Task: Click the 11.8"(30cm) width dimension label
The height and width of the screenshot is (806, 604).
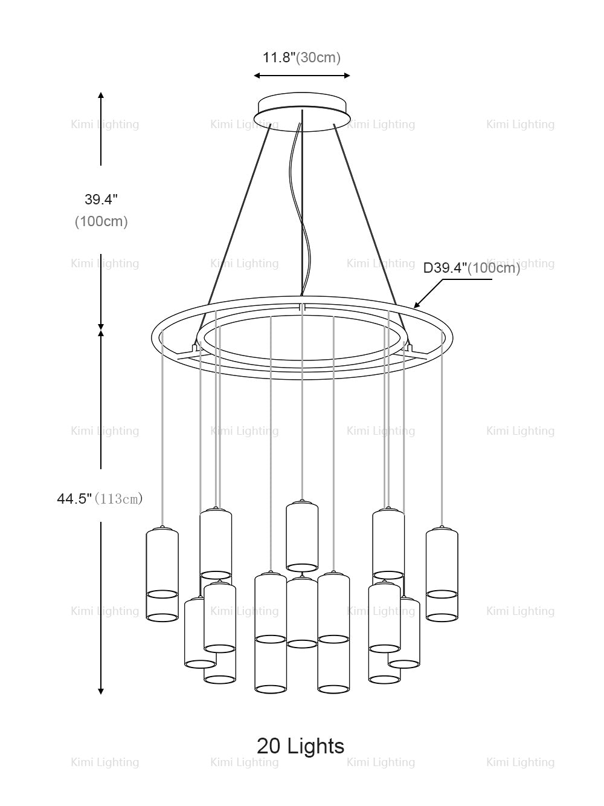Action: click(301, 57)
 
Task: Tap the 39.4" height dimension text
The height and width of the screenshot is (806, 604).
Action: click(101, 199)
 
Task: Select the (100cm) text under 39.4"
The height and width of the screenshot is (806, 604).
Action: click(101, 221)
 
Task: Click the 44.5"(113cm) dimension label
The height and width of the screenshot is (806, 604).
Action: click(100, 499)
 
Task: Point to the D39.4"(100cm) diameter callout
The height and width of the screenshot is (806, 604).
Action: click(471, 268)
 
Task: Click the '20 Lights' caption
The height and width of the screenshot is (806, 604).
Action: click(301, 746)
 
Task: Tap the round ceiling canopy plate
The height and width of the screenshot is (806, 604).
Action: click(302, 109)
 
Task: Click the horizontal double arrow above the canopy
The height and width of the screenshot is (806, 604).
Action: click(302, 76)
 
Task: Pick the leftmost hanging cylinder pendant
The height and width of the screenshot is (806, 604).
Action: click(162, 574)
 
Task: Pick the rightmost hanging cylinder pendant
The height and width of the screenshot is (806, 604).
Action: click(442, 574)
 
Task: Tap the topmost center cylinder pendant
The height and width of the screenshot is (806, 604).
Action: click(302, 535)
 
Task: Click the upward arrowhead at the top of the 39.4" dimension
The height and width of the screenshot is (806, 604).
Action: click(101, 95)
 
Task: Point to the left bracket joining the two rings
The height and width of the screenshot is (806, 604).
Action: click(195, 349)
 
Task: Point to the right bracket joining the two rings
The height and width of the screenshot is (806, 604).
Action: click(409, 349)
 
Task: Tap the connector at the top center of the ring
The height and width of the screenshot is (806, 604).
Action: click(302, 308)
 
